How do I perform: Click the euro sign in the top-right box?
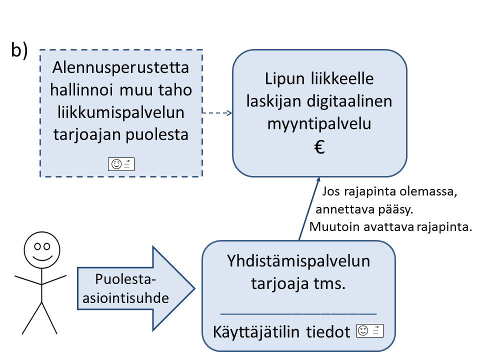(x=320, y=147)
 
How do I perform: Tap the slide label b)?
(x=19, y=51)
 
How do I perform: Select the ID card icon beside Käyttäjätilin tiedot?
(x=369, y=330)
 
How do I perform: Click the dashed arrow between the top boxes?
(x=217, y=113)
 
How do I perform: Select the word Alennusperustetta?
(x=121, y=67)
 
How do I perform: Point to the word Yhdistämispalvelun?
(x=298, y=261)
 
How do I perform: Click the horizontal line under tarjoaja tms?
(x=298, y=312)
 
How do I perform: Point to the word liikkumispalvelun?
(x=121, y=113)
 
